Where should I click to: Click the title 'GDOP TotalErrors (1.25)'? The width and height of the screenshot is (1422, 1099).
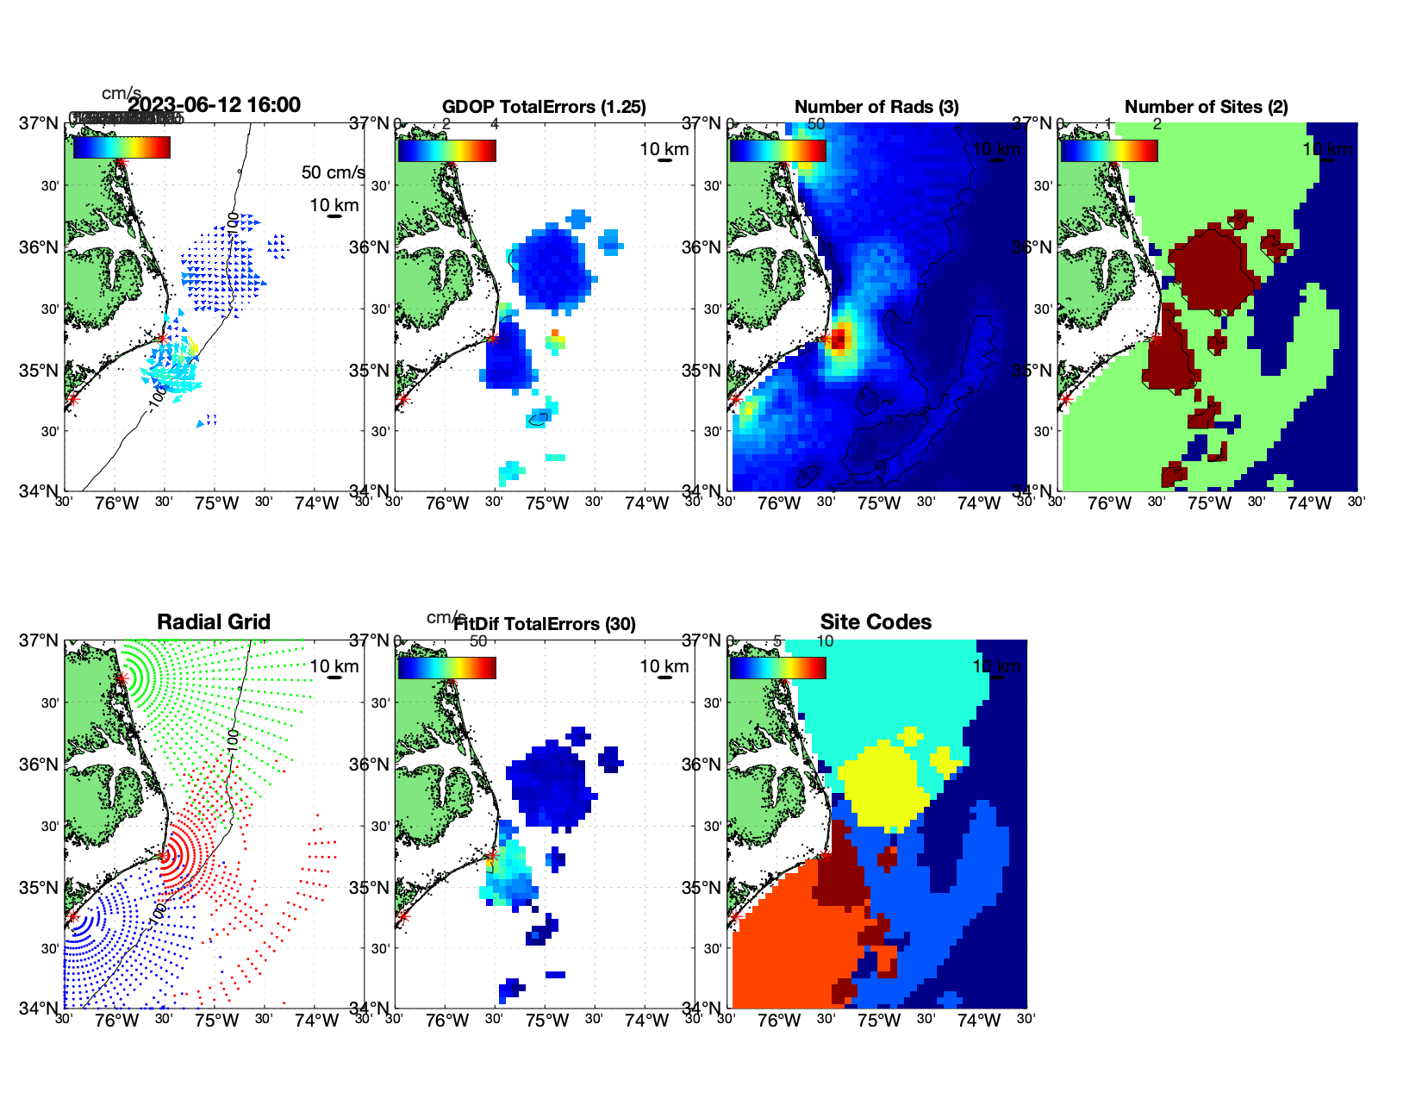(544, 107)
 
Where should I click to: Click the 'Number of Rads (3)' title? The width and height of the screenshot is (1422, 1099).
(876, 107)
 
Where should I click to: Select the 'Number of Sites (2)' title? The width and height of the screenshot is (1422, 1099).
(1206, 107)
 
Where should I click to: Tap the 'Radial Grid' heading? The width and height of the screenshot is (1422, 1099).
(214, 622)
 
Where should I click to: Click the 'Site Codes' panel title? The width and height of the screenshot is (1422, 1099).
(876, 622)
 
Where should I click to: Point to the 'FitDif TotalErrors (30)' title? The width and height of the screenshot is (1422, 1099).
(545, 624)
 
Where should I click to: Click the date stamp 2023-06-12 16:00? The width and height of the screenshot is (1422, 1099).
(214, 105)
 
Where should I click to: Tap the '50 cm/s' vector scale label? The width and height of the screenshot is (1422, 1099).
(333, 172)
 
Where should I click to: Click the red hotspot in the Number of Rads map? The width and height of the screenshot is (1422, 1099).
(838, 339)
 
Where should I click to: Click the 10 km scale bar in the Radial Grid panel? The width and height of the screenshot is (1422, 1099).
(334, 678)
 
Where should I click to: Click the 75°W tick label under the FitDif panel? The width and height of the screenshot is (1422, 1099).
(547, 1021)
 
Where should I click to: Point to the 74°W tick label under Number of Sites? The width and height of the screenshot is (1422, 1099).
(1309, 504)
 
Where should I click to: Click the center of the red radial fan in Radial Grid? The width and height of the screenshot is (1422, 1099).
(164, 856)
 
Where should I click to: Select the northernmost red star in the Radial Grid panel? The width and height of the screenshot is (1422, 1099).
(122, 679)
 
